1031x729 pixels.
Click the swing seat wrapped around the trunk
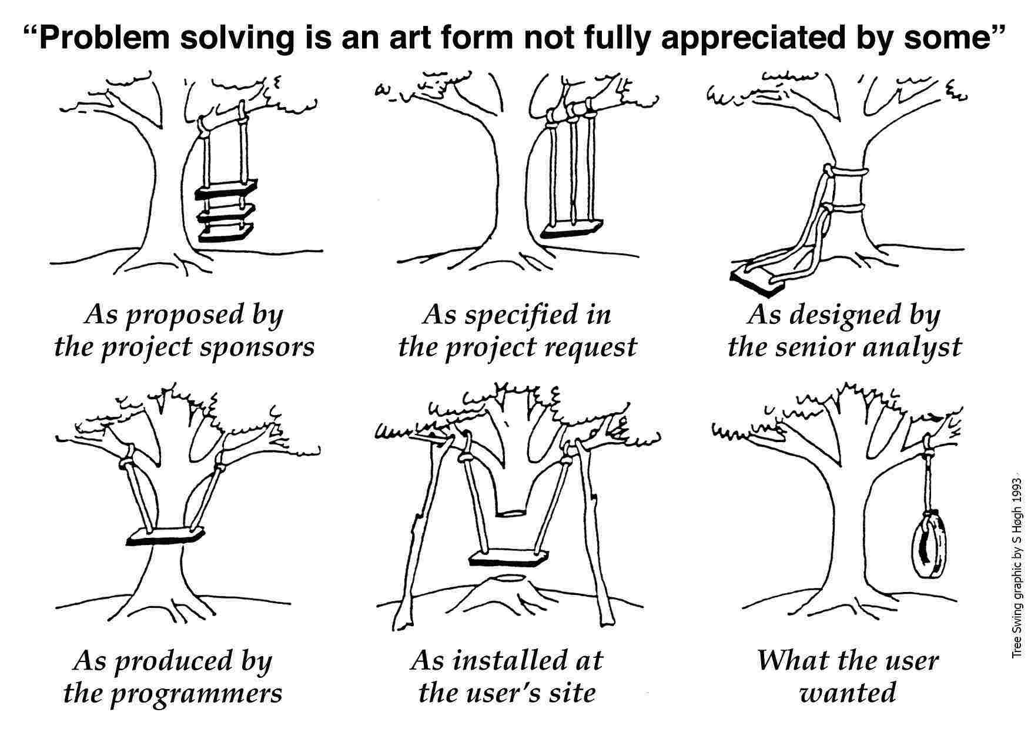166,537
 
